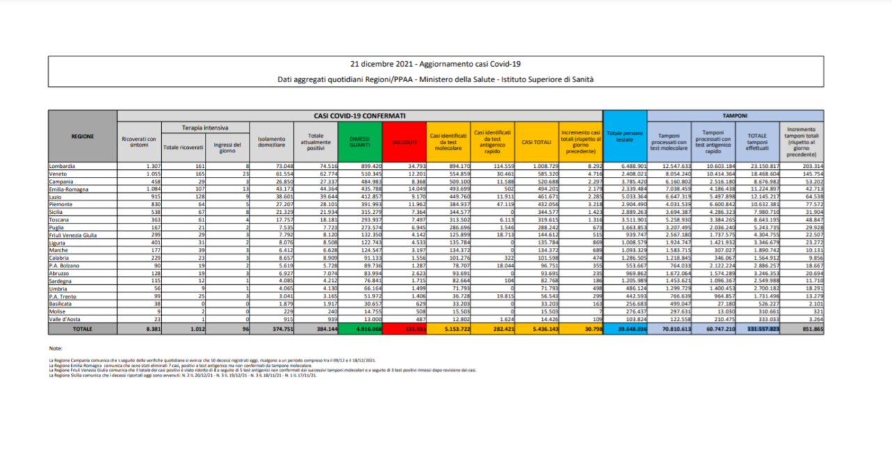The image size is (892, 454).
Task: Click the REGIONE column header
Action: point(82,136)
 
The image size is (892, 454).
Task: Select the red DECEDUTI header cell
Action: point(403,142)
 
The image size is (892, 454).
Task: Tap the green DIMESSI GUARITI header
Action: point(359,142)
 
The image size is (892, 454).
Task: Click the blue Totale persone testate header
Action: point(624,136)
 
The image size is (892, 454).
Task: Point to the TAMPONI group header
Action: point(735,115)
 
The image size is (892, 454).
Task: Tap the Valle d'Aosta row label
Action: point(65,318)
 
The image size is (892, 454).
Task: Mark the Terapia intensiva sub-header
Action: point(206,128)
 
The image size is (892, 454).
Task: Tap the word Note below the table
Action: point(56,347)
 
